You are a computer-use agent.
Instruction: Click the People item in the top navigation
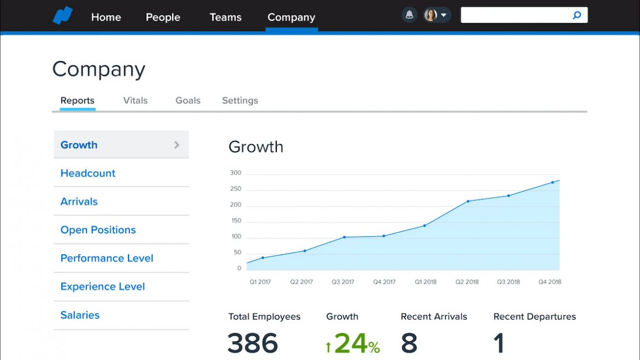pyautogui.click(x=162, y=17)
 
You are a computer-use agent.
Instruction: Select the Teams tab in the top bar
pyautogui.click(x=225, y=17)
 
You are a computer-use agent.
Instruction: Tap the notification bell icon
pyautogui.click(x=409, y=15)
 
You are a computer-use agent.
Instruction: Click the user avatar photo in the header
pyautogui.click(x=430, y=15)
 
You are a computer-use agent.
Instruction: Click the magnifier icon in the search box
pyautogui.click(x=577, y=15)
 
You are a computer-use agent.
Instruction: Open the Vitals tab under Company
pyautogui.click(x=135, y=101)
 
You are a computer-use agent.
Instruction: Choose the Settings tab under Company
pyautogui.click(x=240, y=101)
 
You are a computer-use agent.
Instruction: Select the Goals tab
pyautogui.click(x=188, y=101)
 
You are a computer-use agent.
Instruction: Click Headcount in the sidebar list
pyautogui.click(x=88, y=173)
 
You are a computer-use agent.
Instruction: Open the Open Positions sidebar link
pyautogui.click(x=98, y=230)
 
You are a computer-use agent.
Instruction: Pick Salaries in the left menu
pyautogui.click(x=80, y=315)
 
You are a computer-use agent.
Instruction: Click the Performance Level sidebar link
pyautogui.click(x=107, y=258)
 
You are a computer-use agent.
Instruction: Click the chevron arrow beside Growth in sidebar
pyautogui.click(x=177, y=145)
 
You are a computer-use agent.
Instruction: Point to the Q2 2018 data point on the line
pyautogui.click(x=468, y=201)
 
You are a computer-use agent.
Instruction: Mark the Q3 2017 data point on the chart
pyautogui.click(x=344, y=237)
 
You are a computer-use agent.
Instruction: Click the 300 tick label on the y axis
pyautogui.click(x=236, y=173)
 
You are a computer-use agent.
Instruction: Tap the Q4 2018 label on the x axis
pyautogui.click(x=550, y=282)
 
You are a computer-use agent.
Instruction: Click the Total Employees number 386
pyautogui.click(x=253, y=343)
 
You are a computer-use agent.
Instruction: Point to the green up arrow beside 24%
pyautogui.click(x=328, y=347)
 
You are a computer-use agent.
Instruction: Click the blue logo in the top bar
pyautogui.click(x=62, y=15)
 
